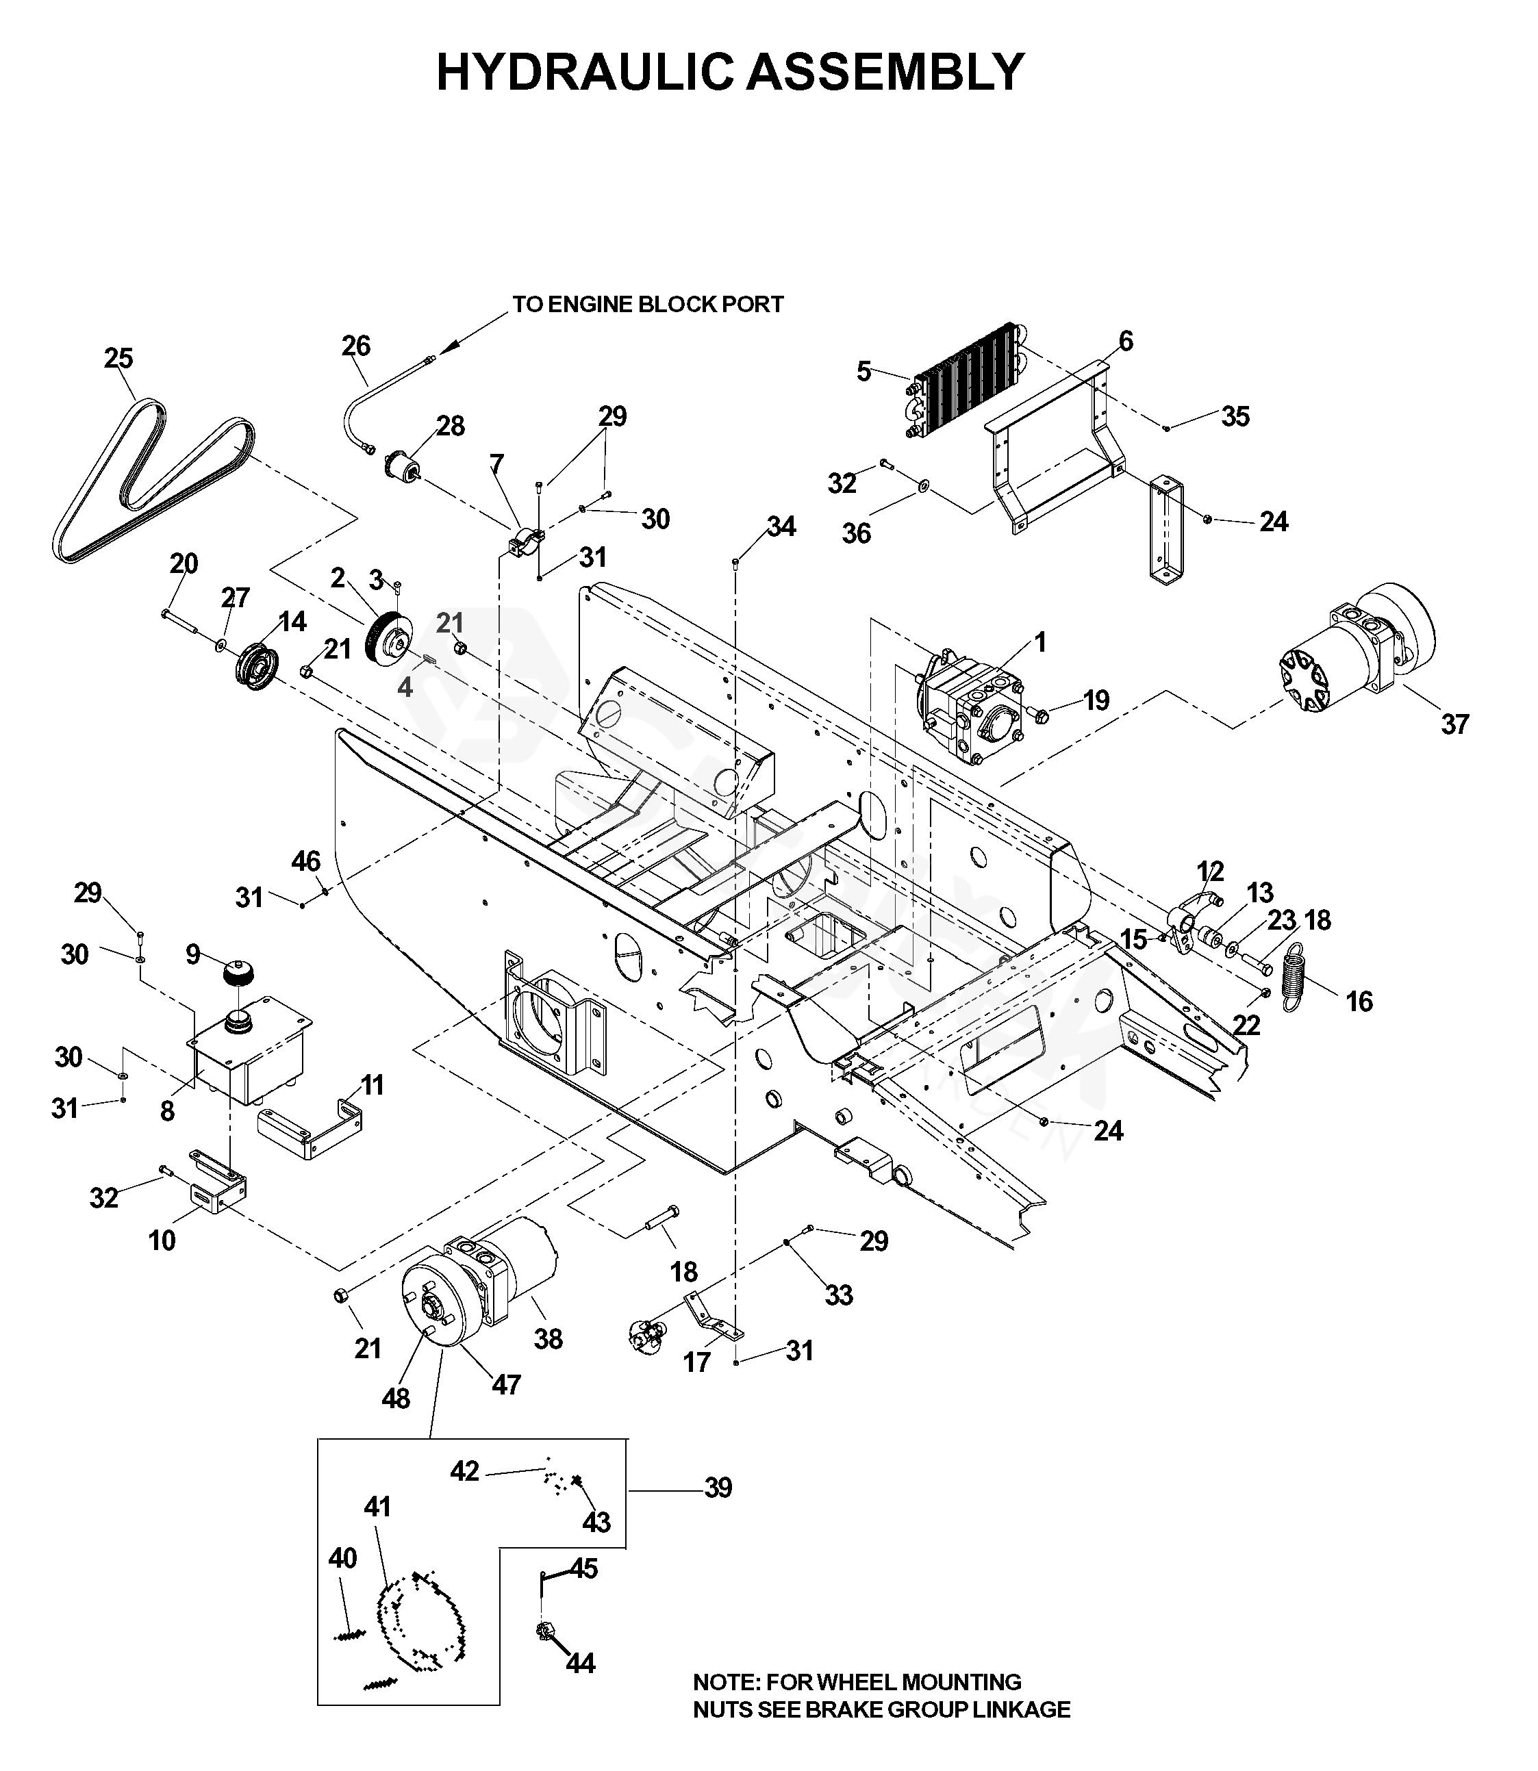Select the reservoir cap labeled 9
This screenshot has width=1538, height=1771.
click(x=238, y=975)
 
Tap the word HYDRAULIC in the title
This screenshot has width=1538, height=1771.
click(x=585, y=72)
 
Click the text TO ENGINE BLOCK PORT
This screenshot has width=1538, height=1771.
click(x=648, y=305)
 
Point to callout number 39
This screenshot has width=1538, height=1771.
click(x=718, y=1488)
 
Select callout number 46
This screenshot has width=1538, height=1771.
click(x=306, y=861)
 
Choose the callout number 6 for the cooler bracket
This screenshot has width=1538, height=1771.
click(x=1126, y=341)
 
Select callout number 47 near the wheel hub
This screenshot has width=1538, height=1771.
click(x=506, y=1384)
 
